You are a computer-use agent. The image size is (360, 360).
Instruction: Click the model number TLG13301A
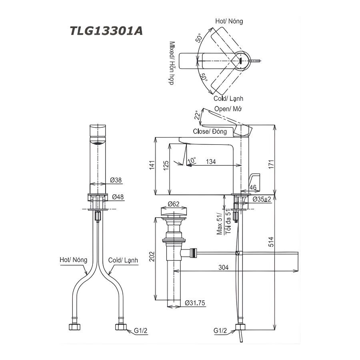106,31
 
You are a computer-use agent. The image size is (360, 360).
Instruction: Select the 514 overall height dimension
271,243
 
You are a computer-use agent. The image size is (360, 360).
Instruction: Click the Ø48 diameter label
118,196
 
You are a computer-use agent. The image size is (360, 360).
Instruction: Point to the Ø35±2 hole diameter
262,199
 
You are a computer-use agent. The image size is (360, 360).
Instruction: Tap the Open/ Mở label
229,109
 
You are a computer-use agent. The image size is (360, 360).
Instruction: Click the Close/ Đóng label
210,131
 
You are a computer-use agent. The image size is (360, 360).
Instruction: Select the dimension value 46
253,187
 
